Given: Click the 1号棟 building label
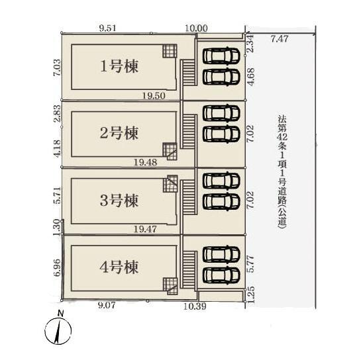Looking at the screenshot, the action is click(119, 67).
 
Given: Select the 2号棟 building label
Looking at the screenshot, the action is click(119, 133).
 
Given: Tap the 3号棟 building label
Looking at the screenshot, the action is click(119, 201).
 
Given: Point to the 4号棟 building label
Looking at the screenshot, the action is click(119, 267).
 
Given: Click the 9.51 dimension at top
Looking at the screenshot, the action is click(108, 28).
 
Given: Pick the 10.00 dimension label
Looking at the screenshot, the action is click(196, 28).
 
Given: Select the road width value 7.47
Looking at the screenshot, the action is click(280, 39).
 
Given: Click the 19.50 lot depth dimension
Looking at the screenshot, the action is click(154, 95).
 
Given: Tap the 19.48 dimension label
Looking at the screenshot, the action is click(146, 162).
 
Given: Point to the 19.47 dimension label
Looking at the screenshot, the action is click(145, 230).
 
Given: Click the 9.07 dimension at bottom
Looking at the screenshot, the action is click(107, 306).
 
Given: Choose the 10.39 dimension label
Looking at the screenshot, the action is click(195, 306).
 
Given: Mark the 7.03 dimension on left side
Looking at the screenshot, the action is click(57, 67).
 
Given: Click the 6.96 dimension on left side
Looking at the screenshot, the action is click(57, 267).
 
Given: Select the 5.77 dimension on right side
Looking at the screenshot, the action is click(251, 264).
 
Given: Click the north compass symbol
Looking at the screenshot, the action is click(58, 330).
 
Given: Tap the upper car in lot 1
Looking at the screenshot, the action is click(221, 56).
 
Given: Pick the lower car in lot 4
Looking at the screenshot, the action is click(221, 275).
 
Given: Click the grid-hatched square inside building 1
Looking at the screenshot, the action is click(170, 51).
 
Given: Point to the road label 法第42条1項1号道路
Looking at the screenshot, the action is click(282, 172).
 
